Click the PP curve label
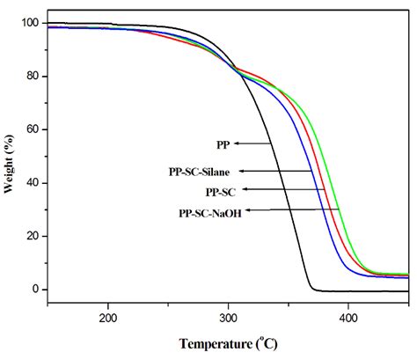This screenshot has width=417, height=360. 223,143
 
